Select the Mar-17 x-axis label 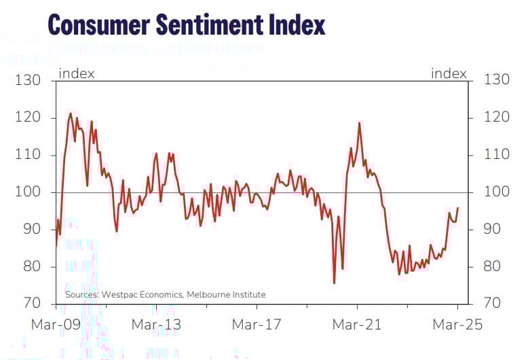tap(257, 325)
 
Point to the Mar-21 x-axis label tap(356, 325)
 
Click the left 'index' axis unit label tap(77, 73)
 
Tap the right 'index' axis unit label tap(449, 73)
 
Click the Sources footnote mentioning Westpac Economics tap(165, 294)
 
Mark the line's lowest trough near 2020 tap(334, 283)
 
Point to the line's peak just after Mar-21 tap(358, 123)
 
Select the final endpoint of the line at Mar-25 tap(458, 208)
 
